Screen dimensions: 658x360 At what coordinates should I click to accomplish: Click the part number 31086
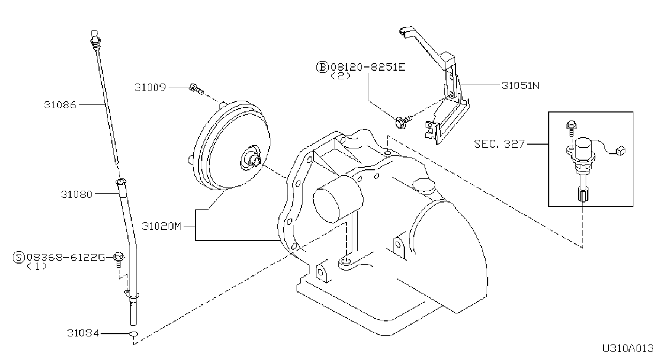tap(60, 105)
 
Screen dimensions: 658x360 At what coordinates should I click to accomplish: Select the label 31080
tap(77, 194)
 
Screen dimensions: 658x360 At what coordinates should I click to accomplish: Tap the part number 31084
tap(83, 333)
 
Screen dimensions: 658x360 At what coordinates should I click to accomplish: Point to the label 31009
tap(150, 87)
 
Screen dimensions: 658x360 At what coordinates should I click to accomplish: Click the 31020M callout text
tap(162, 226)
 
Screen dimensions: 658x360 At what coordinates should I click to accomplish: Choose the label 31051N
tap(520, 86)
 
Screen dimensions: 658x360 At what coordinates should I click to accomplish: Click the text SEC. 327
tap(500, 144)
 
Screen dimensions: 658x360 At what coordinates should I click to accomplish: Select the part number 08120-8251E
tap(368, 67)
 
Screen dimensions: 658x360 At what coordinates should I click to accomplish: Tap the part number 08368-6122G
tap(66, 258)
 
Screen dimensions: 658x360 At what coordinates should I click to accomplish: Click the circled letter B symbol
tap(322, 67)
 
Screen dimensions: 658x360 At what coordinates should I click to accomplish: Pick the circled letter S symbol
tap(19, 258)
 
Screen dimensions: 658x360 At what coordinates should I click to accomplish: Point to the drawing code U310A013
tap(627, 349)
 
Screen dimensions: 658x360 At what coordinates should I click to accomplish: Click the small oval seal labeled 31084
tap(134, 334)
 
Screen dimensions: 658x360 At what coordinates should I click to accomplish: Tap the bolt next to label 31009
tap(196, 88)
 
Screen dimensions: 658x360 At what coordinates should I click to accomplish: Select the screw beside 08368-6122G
tap(119, 259)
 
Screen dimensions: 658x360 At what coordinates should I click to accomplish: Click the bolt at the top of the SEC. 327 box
tap(571, 127)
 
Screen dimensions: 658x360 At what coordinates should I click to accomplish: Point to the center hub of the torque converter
tap(254, 160)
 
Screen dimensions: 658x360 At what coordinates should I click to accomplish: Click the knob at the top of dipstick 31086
tap(94, 35)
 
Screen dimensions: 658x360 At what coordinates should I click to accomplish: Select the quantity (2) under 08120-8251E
tap(341, 76)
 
